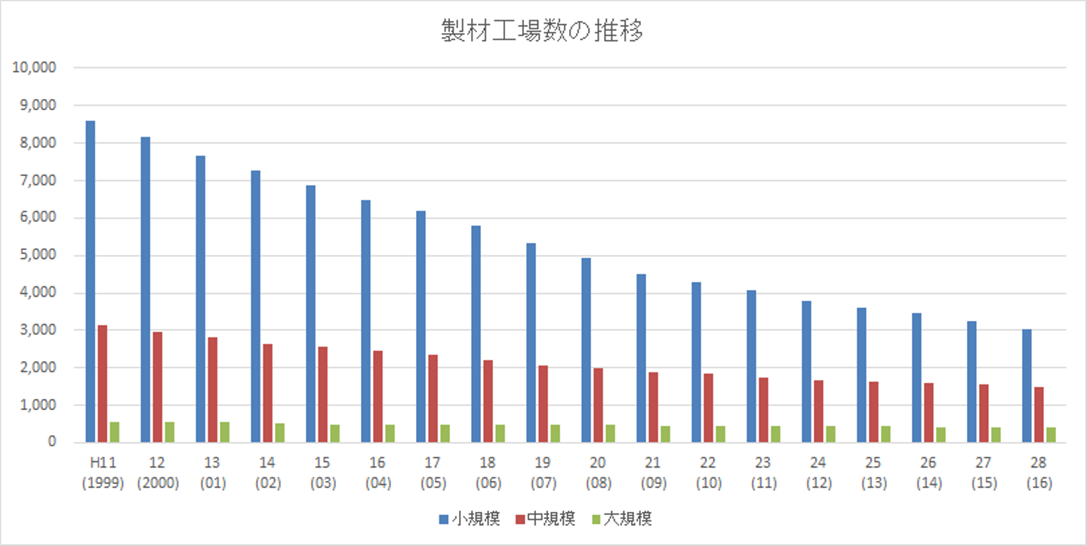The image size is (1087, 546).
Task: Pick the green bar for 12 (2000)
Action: pyautogui.click(x=170, y=432)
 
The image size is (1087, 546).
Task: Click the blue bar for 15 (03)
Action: pyautogui.click(x=311, y=313)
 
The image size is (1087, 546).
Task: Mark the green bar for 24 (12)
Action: pyautogui.click(x=831, y=434)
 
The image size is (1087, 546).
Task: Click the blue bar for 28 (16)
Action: pyautogui.click(x=1027, y=386)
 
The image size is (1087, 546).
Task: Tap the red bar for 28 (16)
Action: pyautogui.click(x=1039, y=415)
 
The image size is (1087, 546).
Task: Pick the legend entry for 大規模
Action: pyautogui.click(x=622, y=519)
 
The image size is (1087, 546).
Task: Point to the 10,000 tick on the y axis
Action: pyautogui.click(x=35, y=68)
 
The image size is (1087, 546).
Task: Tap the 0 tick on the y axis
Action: pyautogui.click(x=53, y=443)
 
